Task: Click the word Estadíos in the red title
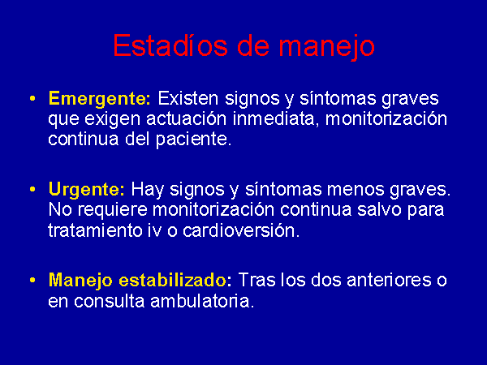(170, 45)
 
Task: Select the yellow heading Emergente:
(99, 100)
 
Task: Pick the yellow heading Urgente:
(87, 190)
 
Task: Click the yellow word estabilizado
(173, 280)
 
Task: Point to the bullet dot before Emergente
(32, 99)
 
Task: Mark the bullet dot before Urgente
(32, 189)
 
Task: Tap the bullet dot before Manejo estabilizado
(32, 280)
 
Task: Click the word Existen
(188, 98)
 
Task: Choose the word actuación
(187, 119)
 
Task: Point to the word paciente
(193, 140)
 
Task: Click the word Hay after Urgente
(147, 190)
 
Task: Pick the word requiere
(113, 210)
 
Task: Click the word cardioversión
(241, 230)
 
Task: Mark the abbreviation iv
(154, 230)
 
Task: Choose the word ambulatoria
(201, 301)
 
